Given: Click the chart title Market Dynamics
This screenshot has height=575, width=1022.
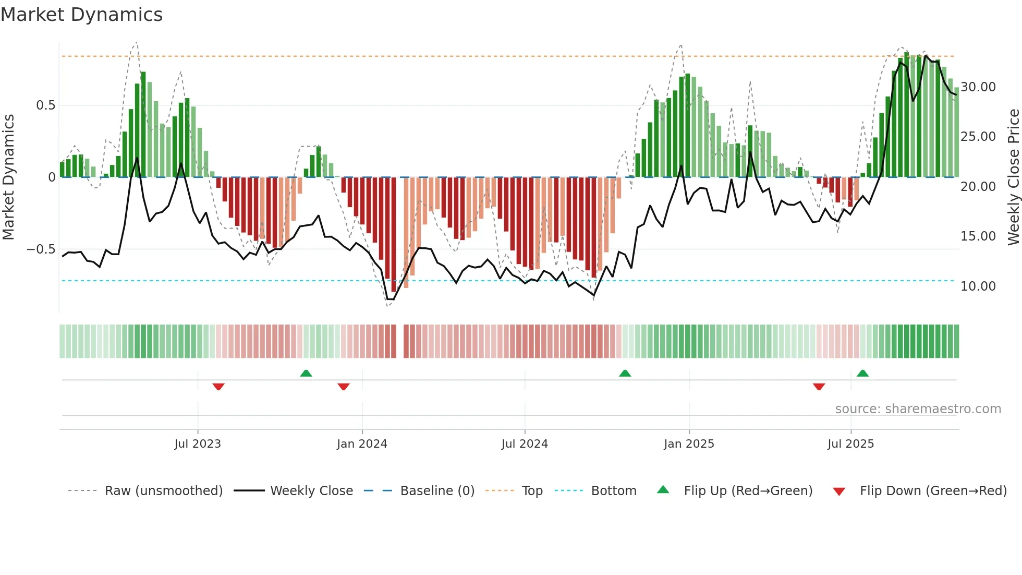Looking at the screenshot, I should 81,15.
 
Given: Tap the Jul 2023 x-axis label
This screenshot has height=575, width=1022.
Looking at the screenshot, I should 198,444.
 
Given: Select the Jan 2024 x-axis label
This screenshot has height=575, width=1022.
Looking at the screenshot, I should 362,444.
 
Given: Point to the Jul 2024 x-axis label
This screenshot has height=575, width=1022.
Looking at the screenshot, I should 525,444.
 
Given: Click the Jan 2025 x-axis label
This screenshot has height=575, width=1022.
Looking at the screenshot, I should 689,444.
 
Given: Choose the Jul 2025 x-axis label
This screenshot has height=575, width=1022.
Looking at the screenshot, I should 850,444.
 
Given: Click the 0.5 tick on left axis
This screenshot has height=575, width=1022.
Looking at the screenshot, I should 45,105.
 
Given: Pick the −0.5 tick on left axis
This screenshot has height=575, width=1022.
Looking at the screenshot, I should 41,249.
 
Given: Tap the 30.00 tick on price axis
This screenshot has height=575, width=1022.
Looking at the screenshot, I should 978,87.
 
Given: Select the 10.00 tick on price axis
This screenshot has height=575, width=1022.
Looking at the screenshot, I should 978,286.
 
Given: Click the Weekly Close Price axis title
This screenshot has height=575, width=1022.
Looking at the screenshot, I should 1013,177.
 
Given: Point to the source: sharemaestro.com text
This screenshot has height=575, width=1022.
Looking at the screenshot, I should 918,409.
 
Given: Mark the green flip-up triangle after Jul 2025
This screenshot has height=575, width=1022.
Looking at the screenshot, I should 862,373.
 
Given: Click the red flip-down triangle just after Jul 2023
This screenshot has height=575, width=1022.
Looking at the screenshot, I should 218,387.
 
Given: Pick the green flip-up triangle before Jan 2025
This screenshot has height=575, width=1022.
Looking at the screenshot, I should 625,373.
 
